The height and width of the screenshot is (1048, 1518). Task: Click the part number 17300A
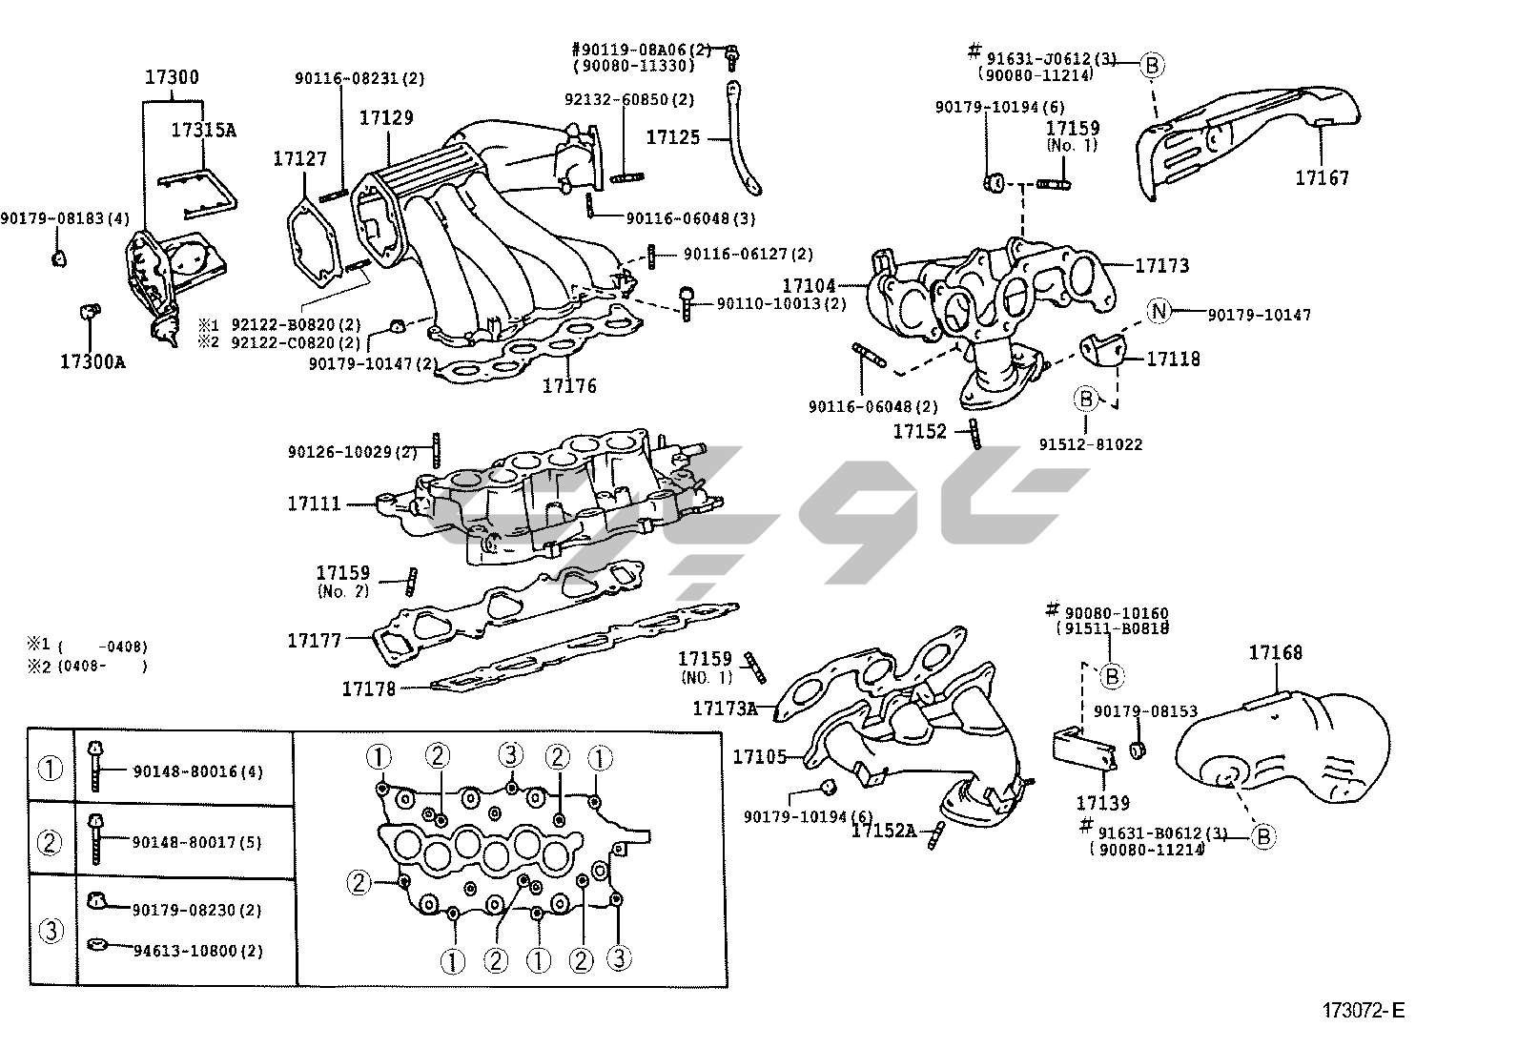[x=92, y=362]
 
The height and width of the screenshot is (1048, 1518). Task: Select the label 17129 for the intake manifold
[x=386, y=117]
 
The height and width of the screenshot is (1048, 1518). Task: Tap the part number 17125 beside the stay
[x=673, y=137]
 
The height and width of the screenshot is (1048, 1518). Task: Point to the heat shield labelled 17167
[x=1322, y=177]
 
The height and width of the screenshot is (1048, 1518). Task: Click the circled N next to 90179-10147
[x=1158, y=311]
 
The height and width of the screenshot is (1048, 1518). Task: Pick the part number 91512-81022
[x=1091, y=443]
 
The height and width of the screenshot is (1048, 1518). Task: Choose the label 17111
[x=314, y=503]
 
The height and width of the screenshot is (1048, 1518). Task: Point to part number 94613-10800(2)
[x=197, y=951]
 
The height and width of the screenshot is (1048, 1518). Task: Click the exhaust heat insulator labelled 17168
[x=1276, y=653]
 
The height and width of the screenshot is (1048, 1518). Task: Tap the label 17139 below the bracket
[x=1103, y=804]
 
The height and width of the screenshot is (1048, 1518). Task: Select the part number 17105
[x=759, y=757]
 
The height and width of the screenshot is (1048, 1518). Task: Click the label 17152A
[x=883, y=831]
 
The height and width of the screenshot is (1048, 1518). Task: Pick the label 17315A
[x=203, y=131]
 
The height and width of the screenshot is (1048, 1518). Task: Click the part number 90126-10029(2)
[x=353, y=451]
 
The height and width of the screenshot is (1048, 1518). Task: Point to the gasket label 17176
[x=569, y=385]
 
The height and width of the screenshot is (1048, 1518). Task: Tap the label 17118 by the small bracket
[x=1173, y=359]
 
